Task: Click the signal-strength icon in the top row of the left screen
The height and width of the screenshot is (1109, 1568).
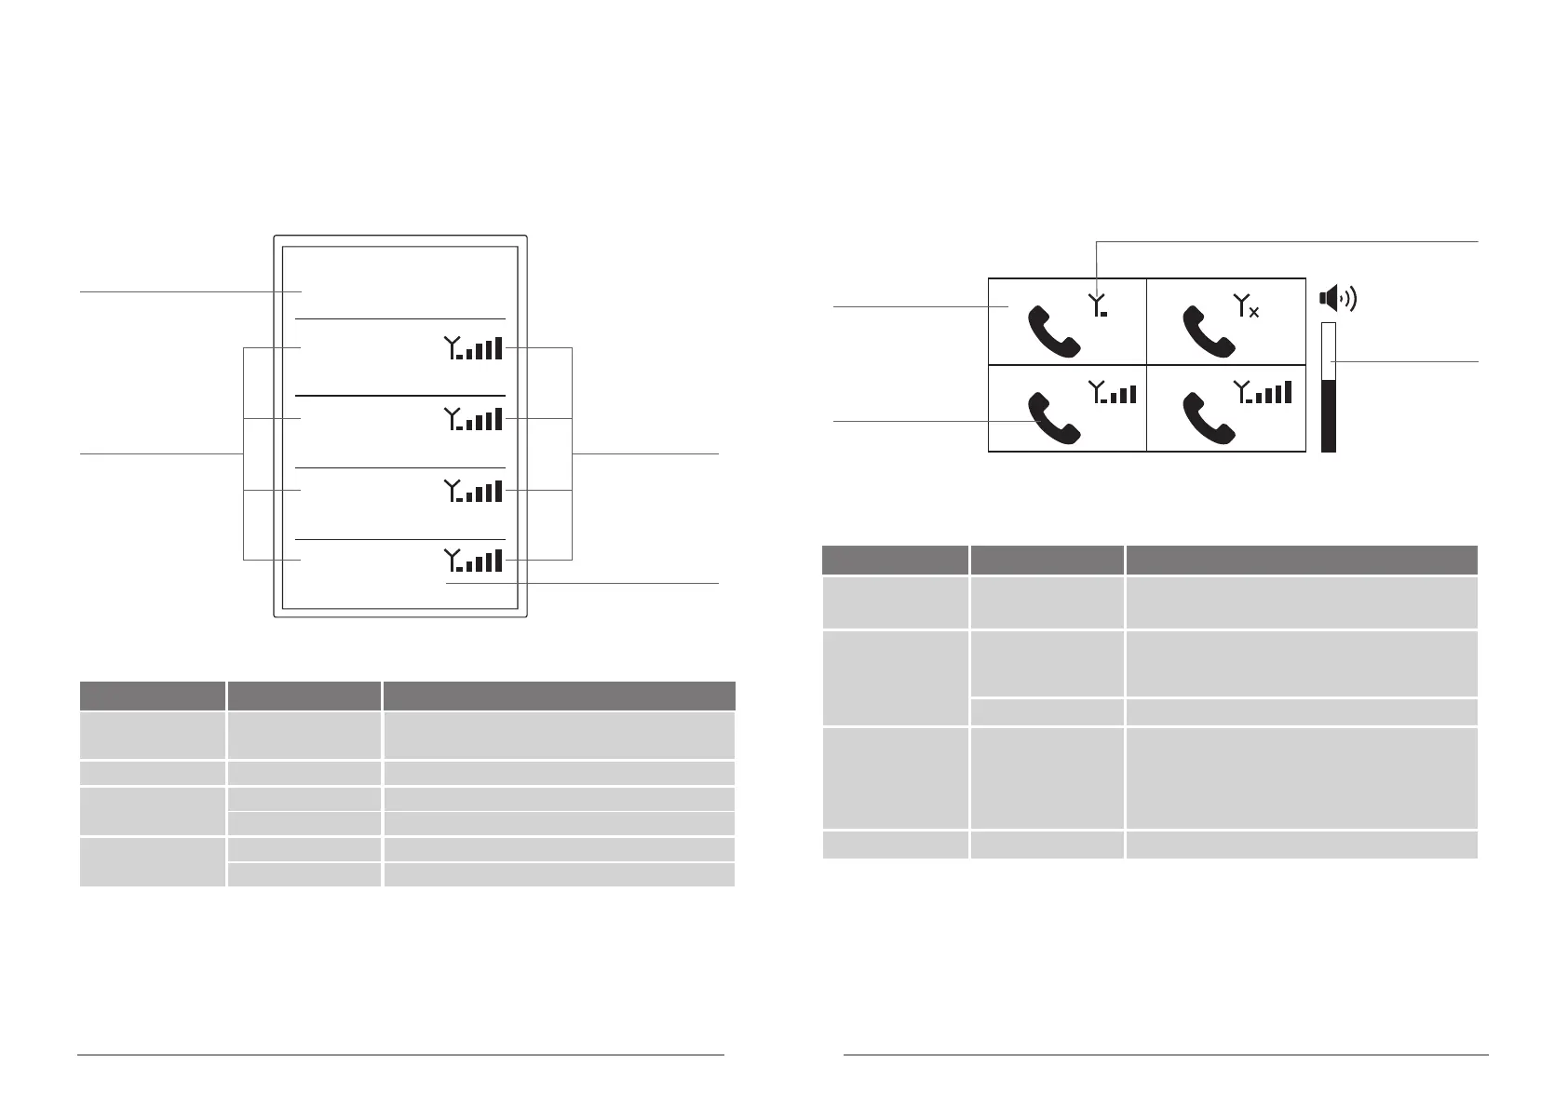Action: pyautogui.click(x=473, y=348)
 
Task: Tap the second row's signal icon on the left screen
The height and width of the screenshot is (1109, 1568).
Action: pyautogui.click(x=473, y=419)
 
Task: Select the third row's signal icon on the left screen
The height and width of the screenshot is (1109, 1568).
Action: pyautogui.click(x=473, y=491)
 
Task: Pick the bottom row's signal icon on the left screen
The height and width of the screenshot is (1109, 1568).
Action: pyautogui.click(x=473, y=561)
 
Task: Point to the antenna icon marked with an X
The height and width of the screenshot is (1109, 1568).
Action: pyautogui.click(x=1247, y=305)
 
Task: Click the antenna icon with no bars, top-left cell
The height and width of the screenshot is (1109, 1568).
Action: pyautogui.click(x=1099, y=305)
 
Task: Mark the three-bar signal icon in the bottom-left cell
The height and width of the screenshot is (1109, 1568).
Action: pyautogui.click(x=1112, y=392)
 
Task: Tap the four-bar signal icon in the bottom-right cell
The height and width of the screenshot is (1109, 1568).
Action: pyautogui.click(x=1263, y=392)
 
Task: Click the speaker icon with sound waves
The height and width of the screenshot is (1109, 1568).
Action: pyautogui.click(x=1338, y=299)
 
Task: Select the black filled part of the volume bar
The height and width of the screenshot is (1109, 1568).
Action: pyautogui.click(x=1329, y=415)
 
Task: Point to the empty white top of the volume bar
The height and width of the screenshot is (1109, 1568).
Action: pyautogui.click(x=1329, y=351)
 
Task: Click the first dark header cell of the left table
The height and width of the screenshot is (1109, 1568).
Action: pyautogui.click(x=153, y=697)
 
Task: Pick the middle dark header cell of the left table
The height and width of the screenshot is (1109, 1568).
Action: pyautogui.click(x=304, y=697)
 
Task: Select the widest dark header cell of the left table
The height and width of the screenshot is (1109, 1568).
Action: pyautogui.click(x=559, y=697)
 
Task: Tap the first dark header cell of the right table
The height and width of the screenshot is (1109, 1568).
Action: pyautogui.click(x=895, y=561)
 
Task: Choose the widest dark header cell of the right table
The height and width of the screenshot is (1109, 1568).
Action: pyautogui.click(x=1301, y=561)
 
